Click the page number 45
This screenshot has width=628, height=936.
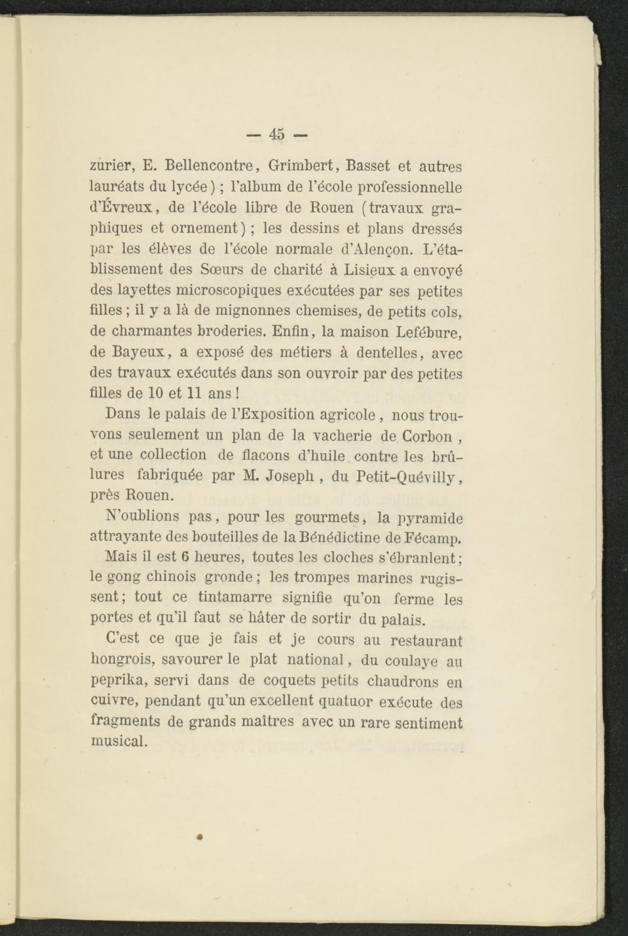point(277,134)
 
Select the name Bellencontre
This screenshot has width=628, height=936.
point(209,166)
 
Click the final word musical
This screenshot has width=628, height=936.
point(119,741)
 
